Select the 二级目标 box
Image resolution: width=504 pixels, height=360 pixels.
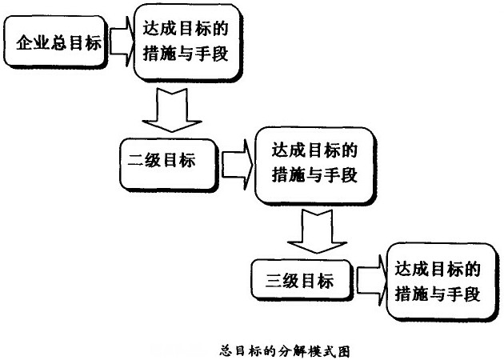pyautogui.click(x=167, y=159)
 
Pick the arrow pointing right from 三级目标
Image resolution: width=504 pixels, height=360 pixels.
pyautogui.click(x=370, y=280)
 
